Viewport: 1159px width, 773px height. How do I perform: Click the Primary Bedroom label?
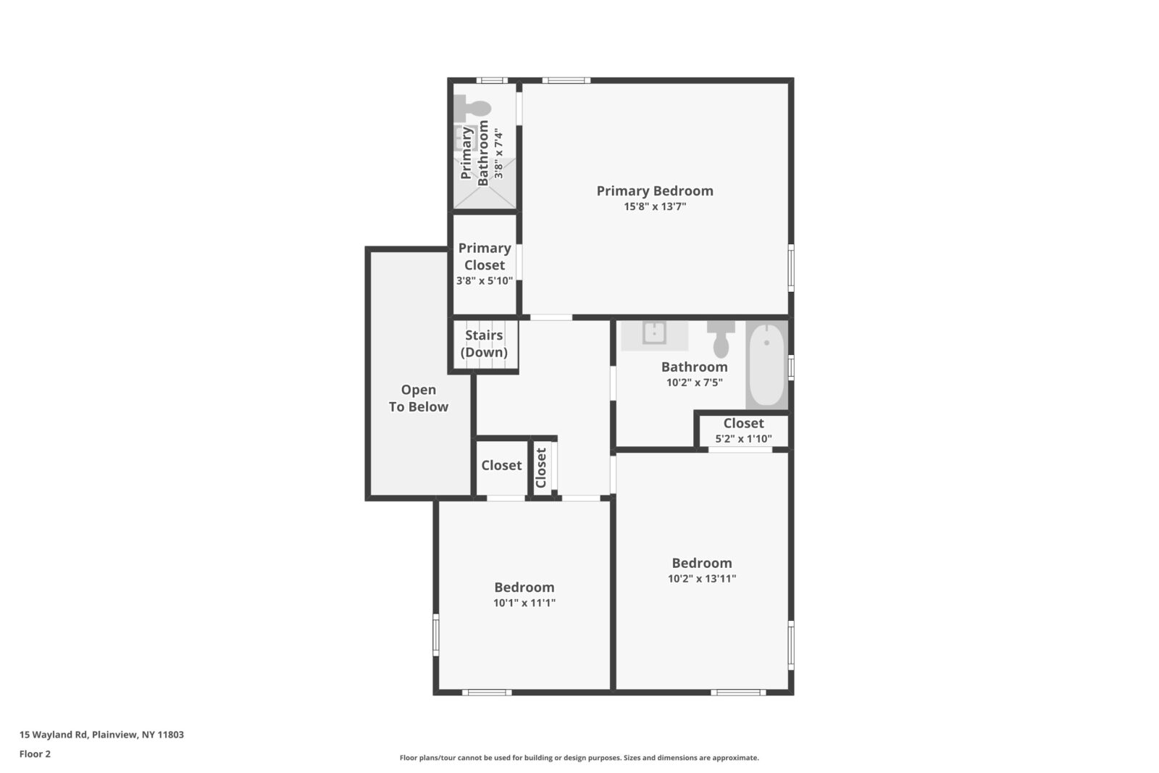tap(655, 191)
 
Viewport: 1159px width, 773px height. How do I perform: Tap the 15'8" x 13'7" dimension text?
tap(655, 206)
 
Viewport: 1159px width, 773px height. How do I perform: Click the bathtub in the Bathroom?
tap(766, 364)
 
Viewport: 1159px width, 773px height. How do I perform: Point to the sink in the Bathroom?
tap(654, 333)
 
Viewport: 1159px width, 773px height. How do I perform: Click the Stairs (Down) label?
tap(484, 343)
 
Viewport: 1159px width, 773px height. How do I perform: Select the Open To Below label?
tap(419, 398)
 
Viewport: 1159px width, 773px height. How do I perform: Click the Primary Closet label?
tap(485, 256)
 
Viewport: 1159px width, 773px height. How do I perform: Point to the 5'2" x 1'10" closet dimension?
tap(743, 438)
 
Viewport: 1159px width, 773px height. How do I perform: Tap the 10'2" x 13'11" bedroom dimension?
tap(702, 578)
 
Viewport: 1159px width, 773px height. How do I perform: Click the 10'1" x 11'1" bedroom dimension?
tap(524, 603)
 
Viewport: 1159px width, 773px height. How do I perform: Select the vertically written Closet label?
tap(540, 467)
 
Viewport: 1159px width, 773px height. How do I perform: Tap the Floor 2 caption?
tap(35, 754)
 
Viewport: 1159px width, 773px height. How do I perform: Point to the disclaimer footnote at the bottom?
tap(579, 758)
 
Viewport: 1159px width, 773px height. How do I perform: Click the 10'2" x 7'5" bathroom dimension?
tap(695, 383)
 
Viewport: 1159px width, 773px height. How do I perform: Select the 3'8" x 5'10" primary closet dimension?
tap(485, 280)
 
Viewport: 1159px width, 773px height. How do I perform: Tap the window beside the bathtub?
tap(791, 367)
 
